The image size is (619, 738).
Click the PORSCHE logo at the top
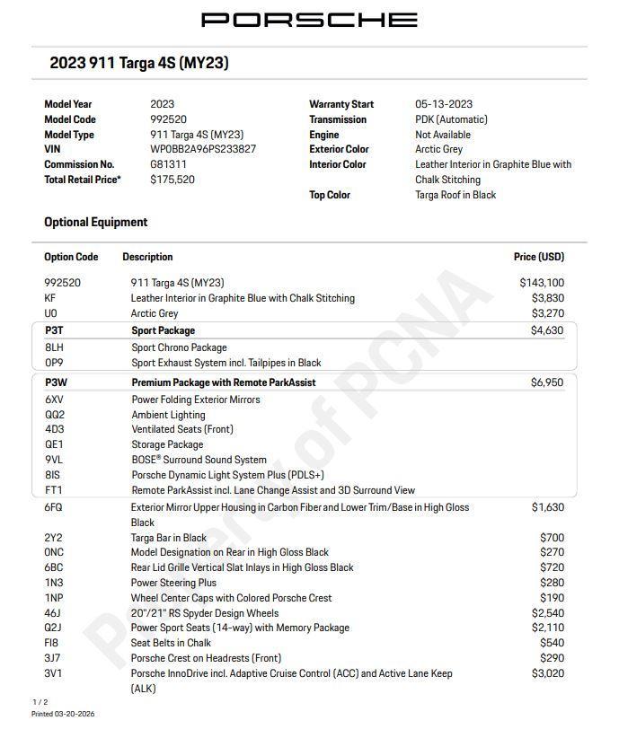(309, 20)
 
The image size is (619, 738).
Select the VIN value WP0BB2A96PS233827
(202, 149)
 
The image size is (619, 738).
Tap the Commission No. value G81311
(168, 164)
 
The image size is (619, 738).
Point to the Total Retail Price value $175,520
(172, 180)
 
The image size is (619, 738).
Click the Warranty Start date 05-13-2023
(443, 104)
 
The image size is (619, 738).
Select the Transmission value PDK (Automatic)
(451, 119)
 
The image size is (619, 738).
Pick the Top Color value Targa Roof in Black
(455, 195)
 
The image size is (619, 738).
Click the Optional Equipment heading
(96, 222)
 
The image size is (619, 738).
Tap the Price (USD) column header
(538, 257)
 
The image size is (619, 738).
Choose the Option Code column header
(71, 257)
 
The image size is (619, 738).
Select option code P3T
(54, 330)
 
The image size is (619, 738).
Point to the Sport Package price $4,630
(546, 330)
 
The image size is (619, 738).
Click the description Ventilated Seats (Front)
(182, 430)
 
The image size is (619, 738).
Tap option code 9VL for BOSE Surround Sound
(54, 460)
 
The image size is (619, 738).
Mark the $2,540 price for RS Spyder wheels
(547, 613)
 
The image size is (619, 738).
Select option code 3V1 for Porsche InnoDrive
(53, 673)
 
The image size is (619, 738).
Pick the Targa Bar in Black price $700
(552, 538)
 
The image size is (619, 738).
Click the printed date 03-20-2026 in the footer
(75, 714)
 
